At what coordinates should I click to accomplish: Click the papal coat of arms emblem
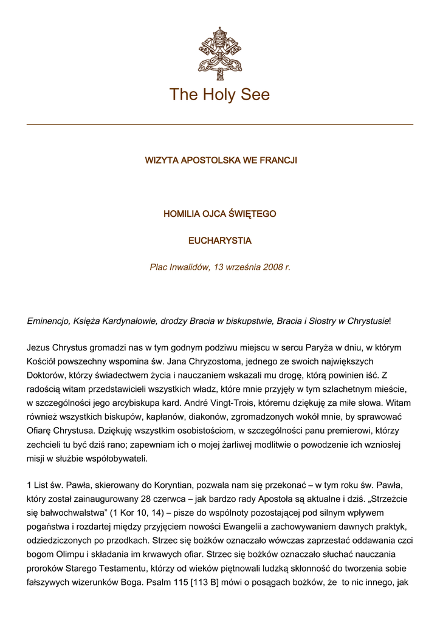(x=220, y=53)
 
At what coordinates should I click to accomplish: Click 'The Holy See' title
(x=219, y=95)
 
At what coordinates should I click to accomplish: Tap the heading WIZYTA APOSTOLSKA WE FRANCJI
(x=220, y=161)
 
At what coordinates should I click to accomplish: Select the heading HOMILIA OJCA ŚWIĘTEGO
(x=220, y=214)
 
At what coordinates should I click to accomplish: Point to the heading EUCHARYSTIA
(x=220, y=241)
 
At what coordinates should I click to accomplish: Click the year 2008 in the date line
(x=273, y=267)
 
